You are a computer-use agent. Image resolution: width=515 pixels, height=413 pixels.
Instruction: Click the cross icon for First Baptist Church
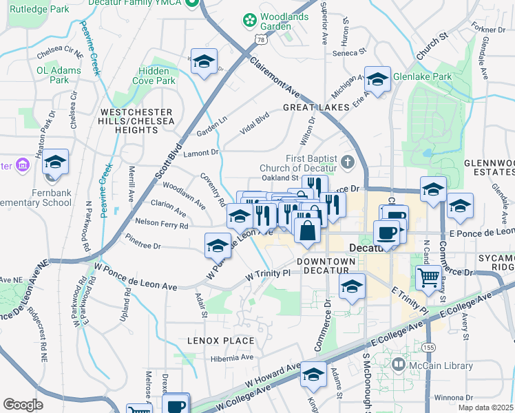tap(348, 162)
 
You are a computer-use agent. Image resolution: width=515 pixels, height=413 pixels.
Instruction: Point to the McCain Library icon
tap(399, 363)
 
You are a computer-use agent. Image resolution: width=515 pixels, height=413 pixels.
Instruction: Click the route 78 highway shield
tap(260, 41)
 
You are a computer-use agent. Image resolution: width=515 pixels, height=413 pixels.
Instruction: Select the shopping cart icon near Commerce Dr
tap(429, 277)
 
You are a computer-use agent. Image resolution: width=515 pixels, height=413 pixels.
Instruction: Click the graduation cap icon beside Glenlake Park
tap(377, 80)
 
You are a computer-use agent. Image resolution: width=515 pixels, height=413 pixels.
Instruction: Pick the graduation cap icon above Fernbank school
tap(56, 162)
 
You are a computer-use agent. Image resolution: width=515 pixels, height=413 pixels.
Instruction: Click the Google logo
tap(23, 405)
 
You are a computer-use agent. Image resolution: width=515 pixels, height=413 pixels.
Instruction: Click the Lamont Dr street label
tap(201, 152)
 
